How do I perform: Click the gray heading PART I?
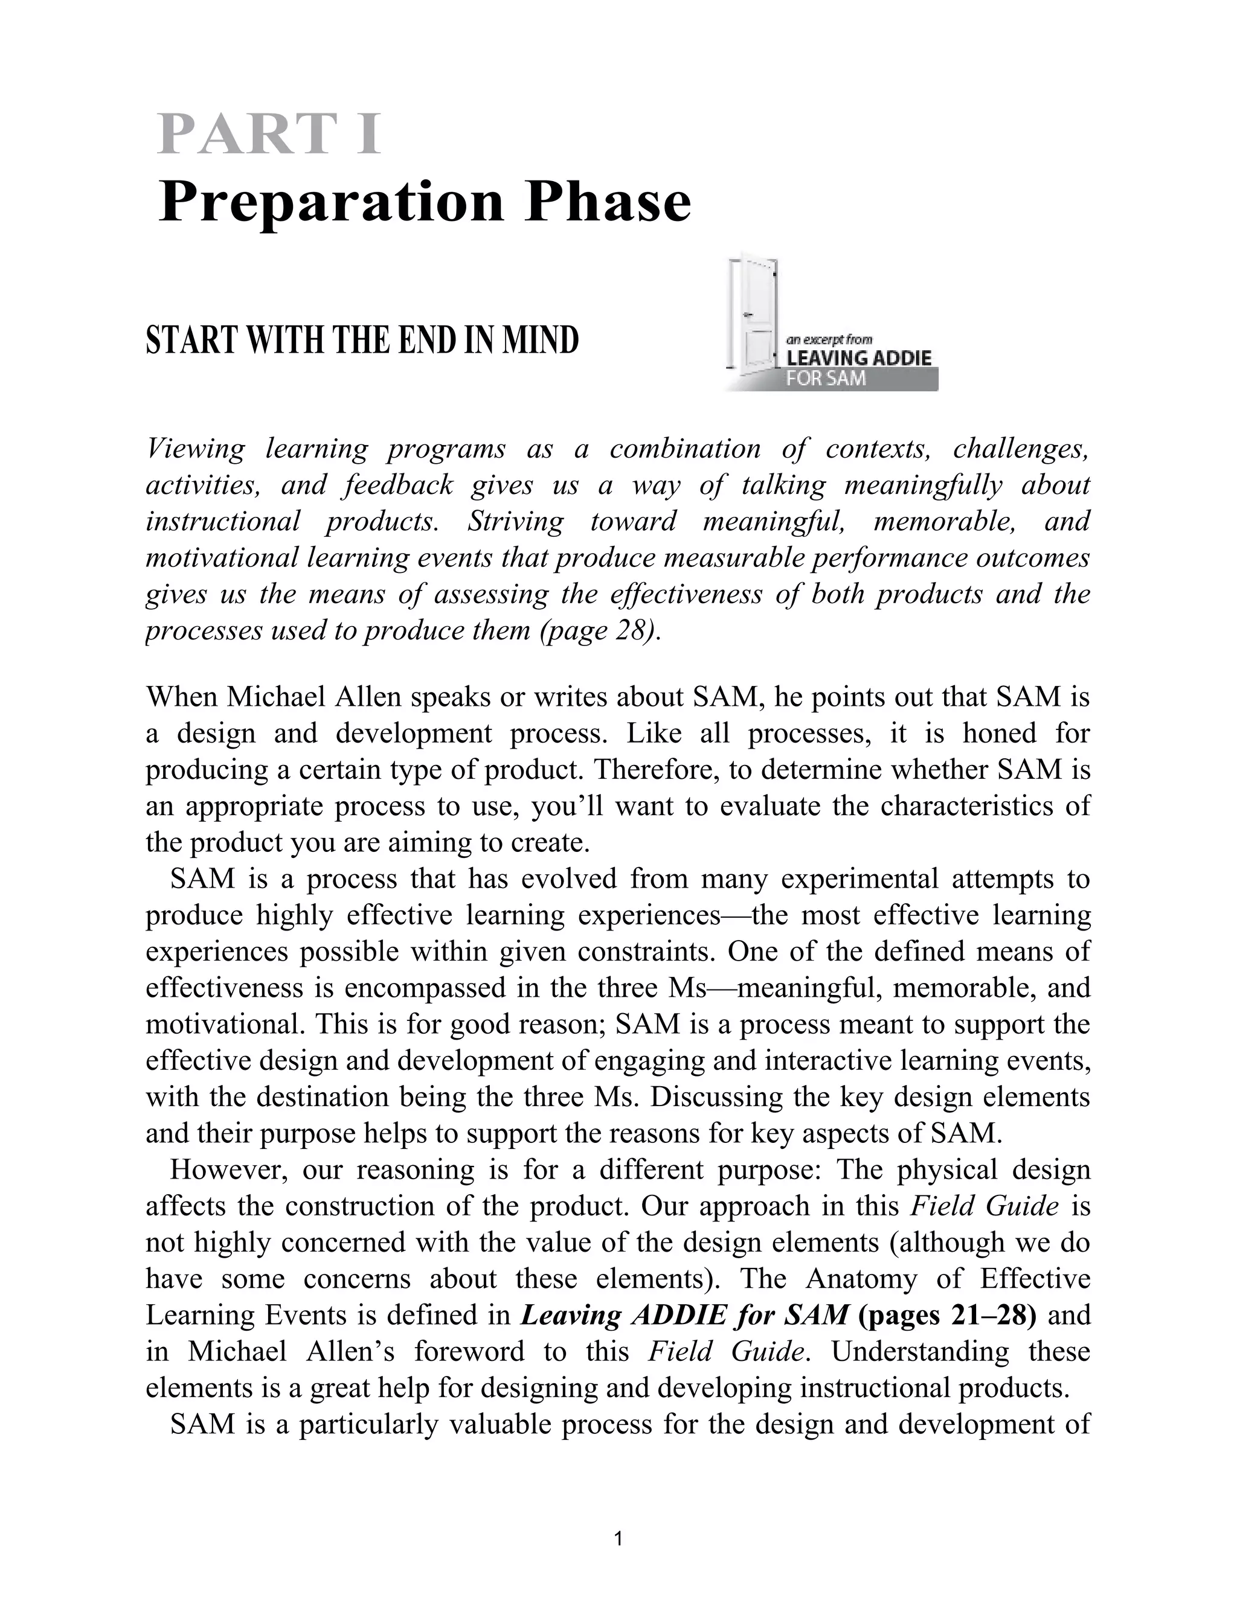269,134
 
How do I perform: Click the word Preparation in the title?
331,202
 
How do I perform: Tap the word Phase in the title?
606,202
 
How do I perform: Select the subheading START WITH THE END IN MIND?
362,341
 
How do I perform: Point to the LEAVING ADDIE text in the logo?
858,358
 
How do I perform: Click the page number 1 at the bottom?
618,1538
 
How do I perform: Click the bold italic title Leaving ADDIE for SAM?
684,1315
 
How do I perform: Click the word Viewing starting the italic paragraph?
196,449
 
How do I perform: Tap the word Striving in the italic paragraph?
516,522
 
